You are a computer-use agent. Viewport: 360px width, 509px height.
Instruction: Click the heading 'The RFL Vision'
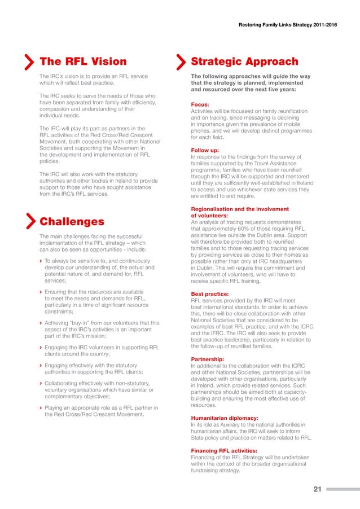click(83, 62)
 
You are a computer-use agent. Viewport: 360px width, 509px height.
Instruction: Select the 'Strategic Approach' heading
click(244, 62)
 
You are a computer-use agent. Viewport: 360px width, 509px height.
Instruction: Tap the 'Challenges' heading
click(72, 221)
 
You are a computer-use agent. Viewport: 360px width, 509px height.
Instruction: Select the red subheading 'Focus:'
click(201, 104)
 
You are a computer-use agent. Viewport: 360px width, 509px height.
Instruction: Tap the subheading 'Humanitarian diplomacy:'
click(225, 418)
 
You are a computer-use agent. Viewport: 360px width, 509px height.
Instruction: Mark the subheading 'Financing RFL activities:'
click(225, 450)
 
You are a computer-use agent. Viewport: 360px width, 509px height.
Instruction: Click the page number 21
click(317, 489)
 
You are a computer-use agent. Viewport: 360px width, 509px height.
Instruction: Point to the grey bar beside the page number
click(339, 489)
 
